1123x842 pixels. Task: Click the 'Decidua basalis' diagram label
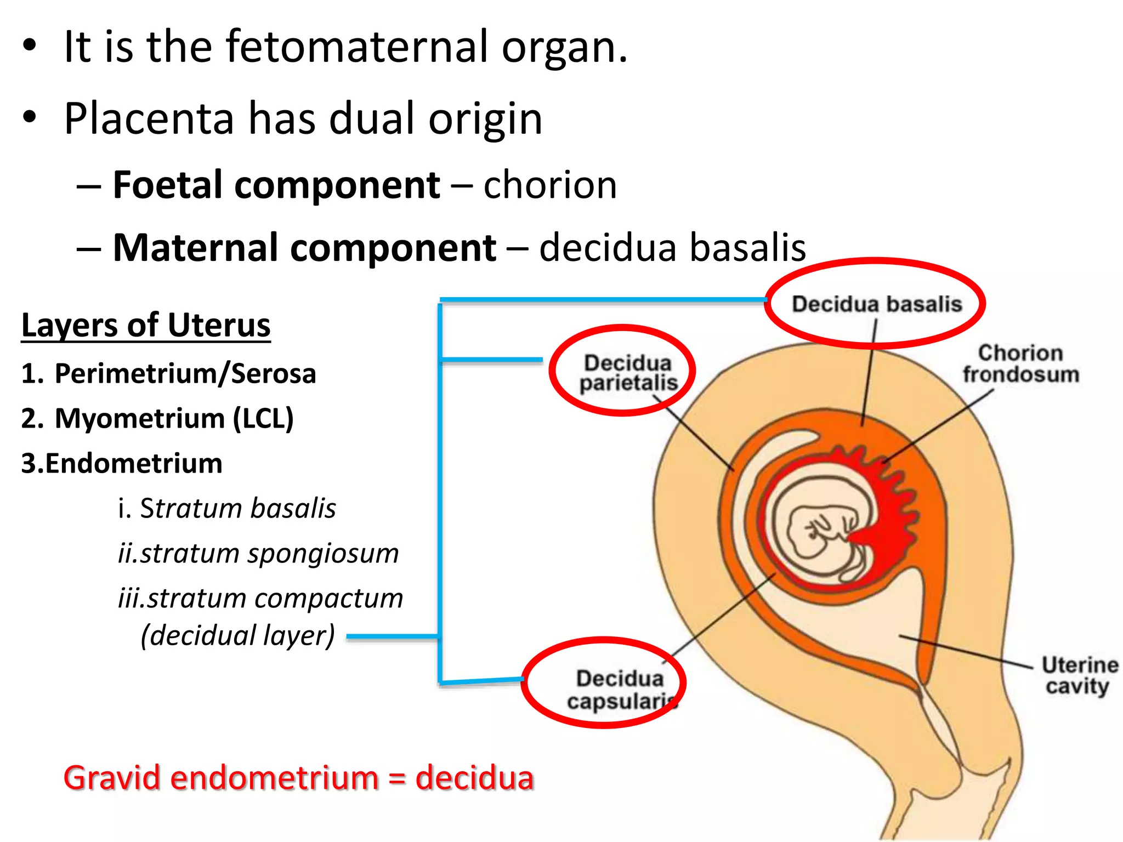(876, 304)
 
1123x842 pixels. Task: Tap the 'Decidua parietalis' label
(628, 373)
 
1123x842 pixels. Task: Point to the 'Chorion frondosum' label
(1020, 364)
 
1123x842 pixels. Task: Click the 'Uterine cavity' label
(1079, 675)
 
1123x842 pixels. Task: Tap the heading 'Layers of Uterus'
(146, 325)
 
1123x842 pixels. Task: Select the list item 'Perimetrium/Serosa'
(185, 374)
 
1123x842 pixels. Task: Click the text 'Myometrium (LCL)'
(174, 419)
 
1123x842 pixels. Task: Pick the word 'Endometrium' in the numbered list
(134, 464)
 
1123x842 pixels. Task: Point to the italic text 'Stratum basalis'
(237, 508)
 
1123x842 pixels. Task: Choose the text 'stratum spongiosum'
(269, 553)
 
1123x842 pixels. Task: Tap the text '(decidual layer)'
(237, 636)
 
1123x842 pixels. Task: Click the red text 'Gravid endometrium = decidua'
(299, 778)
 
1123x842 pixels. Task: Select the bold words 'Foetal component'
(276, 185)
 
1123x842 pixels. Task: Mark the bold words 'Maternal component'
(304, 248)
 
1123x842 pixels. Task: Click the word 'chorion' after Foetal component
(550, 185)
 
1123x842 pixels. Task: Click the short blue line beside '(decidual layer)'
(392, 636)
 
